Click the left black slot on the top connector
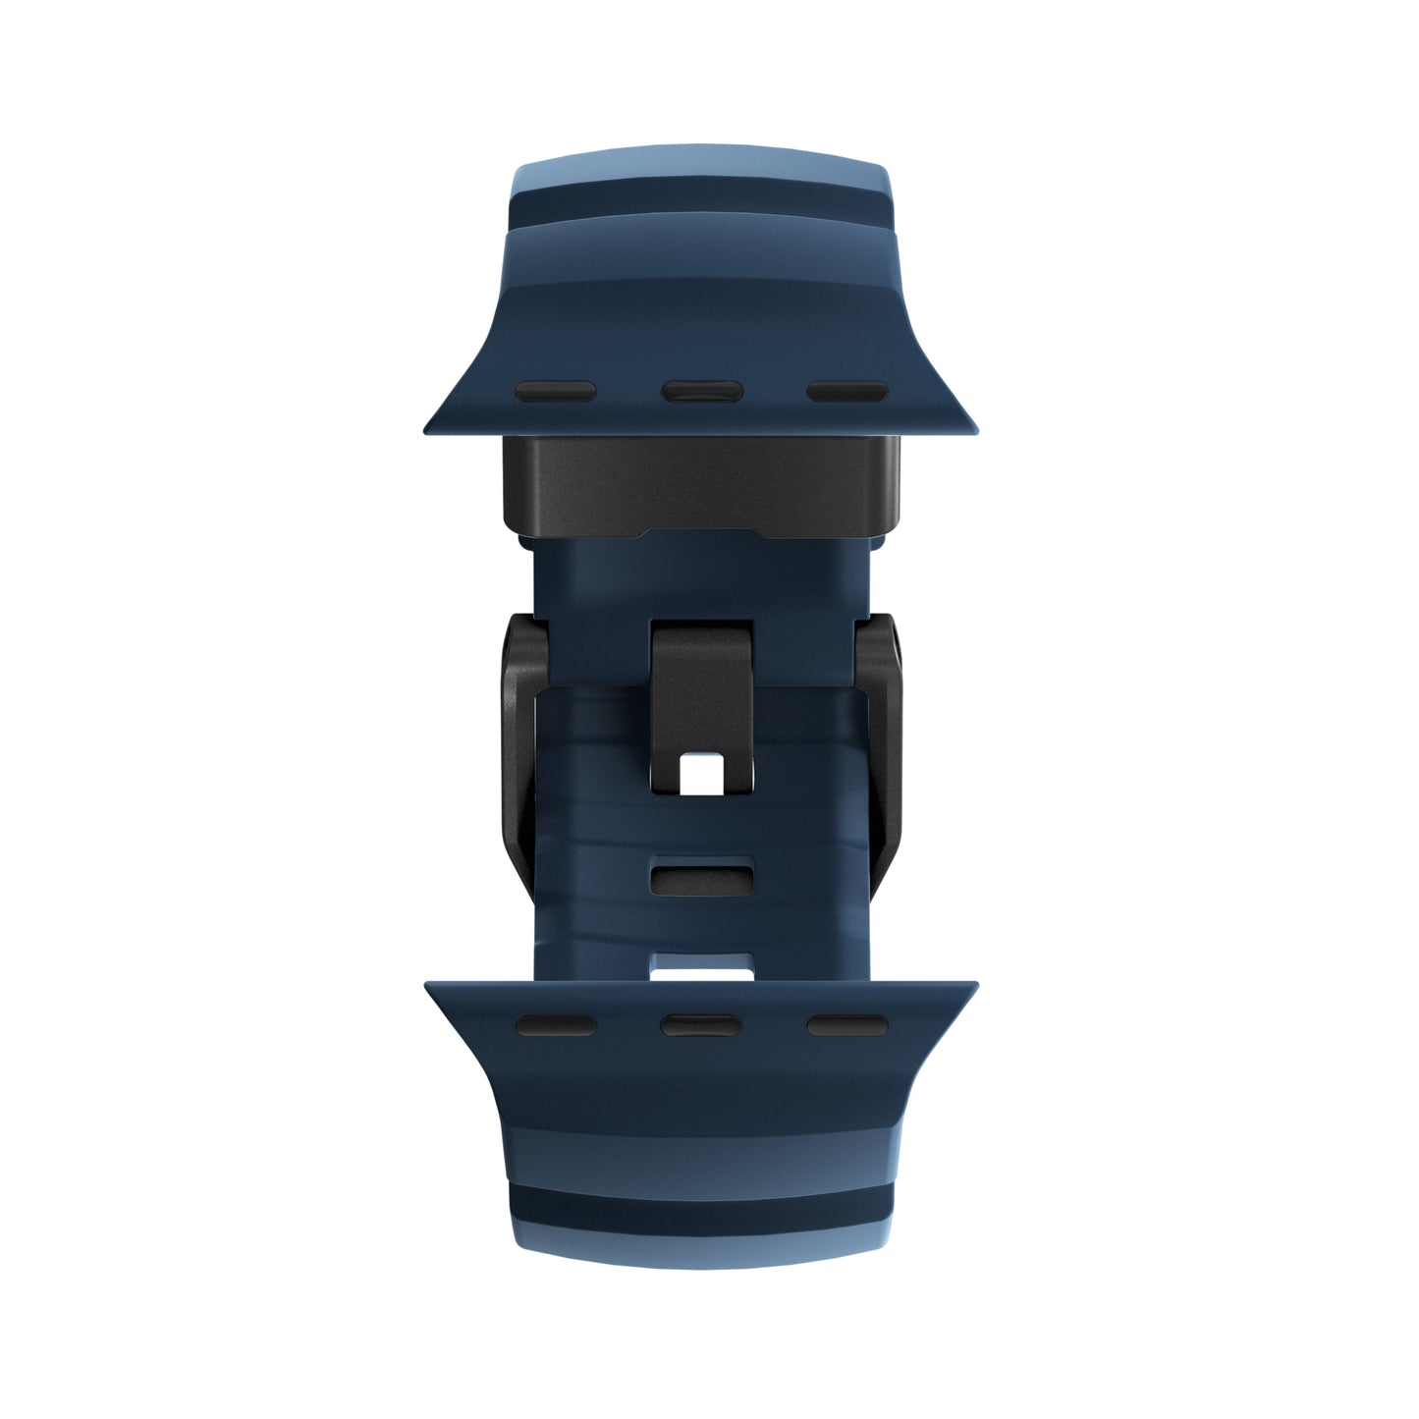coord(556,391)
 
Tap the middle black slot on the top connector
coord(700,391)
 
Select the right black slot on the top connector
coord(846,391)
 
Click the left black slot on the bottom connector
coord(556,1026)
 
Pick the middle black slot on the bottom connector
coord(700,1026)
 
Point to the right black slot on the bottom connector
coord(846,1026)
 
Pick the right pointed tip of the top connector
coord(972,428)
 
